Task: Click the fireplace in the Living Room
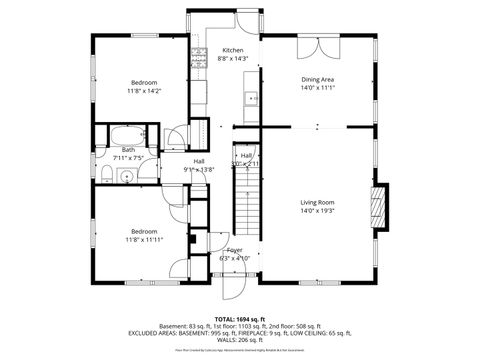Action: (x=377, y=197)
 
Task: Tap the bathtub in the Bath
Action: (x=127, y=136)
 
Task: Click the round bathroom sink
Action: (x=126, y=177)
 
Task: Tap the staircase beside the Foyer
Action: (x=245, y=210)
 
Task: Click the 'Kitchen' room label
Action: (x=232, y=50)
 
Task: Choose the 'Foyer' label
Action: (x=234, y=250)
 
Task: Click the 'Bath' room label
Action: (x=129, y=150)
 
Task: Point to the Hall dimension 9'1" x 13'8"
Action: (x=200, y=170)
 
